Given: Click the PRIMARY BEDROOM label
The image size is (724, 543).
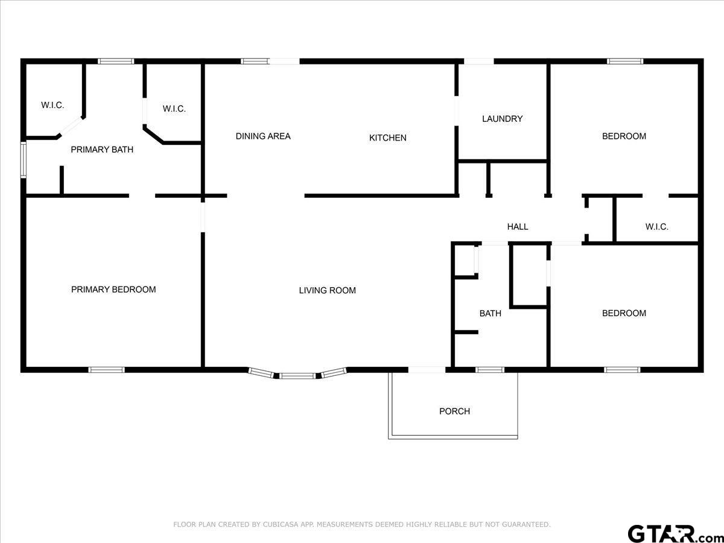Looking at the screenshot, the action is [113, 290].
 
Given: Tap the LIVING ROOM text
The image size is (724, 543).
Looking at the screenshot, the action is [327, 290].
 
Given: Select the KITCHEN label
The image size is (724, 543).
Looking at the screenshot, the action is [387, 138].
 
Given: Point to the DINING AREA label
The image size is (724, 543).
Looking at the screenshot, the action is [263, 136].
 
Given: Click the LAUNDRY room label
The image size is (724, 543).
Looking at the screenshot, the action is [503, 119].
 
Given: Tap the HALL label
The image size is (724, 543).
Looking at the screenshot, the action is [518, 227].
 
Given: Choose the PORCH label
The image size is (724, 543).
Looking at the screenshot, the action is [454, 411].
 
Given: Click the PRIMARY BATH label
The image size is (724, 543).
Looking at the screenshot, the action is [102, 150].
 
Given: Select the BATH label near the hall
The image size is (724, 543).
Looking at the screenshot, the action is [490, 313].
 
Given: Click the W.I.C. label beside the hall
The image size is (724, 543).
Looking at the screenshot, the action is [656, 227].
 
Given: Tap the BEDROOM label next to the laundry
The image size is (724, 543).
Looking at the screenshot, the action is [624, 136].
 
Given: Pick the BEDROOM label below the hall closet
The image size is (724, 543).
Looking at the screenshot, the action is [624, 313].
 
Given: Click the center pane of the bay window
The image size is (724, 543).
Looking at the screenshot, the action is [298, 375].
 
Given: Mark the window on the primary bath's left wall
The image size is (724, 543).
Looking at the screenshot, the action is [24, 160].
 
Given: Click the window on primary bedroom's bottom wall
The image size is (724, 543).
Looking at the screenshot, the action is [107, 370].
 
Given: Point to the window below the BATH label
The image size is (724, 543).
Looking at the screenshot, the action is [490, 370].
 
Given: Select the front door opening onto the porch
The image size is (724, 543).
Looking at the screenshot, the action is [427, 370].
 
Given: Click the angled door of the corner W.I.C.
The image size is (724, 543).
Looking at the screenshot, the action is [71, 126].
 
